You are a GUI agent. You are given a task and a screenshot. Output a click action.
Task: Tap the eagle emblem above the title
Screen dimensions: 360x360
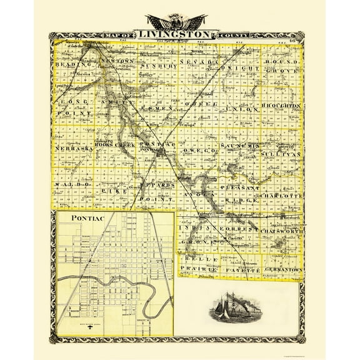180,21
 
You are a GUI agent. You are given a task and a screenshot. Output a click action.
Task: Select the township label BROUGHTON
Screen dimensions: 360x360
282,107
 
